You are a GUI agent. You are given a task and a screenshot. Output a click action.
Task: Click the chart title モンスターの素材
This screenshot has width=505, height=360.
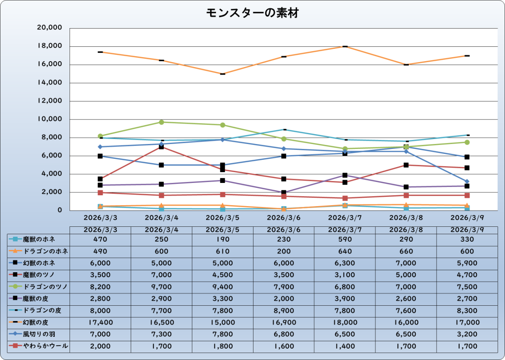(x=252, y=13)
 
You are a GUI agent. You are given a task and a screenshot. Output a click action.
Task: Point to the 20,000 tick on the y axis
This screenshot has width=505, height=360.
(x=49, y=28)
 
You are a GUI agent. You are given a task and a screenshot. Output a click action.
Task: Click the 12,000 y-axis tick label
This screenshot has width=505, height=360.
(x=49, y=101)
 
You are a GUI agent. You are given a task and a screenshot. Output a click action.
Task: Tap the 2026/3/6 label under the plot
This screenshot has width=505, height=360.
(x=284, y=217)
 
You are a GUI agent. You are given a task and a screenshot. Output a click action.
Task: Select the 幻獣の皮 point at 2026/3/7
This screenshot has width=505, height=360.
(x=345, y=46)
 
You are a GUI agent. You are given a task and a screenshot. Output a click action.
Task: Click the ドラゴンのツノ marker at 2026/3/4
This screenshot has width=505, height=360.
(x=161, y=122)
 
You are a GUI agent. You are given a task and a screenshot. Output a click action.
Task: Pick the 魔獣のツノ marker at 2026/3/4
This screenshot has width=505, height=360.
(x=161, y=147)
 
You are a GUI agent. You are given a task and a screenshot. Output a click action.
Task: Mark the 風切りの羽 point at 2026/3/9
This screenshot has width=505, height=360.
(x=467, y=181)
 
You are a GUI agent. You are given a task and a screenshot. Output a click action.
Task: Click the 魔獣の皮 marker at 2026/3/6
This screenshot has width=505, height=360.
(x=284, y=193)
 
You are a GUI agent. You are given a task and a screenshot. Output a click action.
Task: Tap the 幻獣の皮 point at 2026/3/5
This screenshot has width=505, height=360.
(x=222, y=74)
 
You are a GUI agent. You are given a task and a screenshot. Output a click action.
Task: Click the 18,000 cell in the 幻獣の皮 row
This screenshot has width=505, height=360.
(x=345, y=323)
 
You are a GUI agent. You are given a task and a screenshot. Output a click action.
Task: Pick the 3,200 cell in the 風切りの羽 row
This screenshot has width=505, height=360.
(x=467, y=335)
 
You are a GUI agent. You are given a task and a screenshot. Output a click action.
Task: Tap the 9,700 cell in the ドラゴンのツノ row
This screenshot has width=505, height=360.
(x=161, y=287)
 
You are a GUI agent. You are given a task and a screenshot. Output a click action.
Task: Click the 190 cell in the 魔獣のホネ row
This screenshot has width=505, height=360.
(x=222, y=239)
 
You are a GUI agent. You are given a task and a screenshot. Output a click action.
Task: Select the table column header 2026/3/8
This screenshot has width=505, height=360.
(x=406, y=230)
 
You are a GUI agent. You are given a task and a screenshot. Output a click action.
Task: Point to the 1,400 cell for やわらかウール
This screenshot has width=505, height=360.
(x=345, y=347)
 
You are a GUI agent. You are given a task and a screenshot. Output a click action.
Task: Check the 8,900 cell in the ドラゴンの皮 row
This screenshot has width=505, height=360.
(x=284, y=311)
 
